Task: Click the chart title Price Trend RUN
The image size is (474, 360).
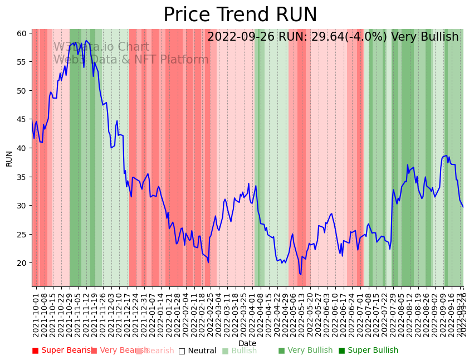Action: click(240, 15)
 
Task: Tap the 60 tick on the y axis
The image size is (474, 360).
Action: click(21, 33)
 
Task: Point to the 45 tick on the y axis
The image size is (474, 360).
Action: click(21, 119)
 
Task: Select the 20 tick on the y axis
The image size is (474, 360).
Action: click(21, 263)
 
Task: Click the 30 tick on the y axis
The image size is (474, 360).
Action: click(21, 206)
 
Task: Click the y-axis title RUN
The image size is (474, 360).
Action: click(9, 158)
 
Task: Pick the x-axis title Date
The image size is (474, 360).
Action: click(247, 343)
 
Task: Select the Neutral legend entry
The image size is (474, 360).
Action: click(197, 351)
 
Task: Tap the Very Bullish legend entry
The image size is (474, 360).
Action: click(305, 351)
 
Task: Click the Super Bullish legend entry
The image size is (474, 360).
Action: click(368, 351)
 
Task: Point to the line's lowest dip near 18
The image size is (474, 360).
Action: click(300, 274)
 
